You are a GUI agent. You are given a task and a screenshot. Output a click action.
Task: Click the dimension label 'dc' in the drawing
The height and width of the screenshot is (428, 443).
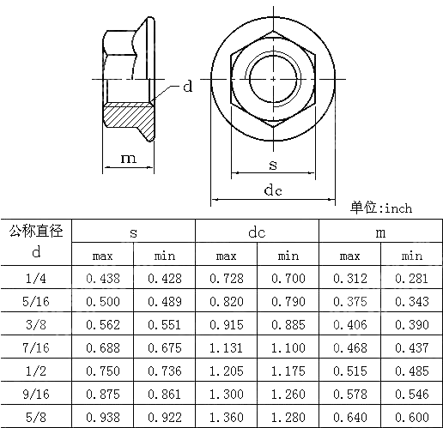coord(273,190)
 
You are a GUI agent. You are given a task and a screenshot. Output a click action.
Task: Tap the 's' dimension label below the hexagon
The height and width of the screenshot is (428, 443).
coord(273,164)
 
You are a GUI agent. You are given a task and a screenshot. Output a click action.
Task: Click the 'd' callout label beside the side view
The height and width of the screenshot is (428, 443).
coord(187,87)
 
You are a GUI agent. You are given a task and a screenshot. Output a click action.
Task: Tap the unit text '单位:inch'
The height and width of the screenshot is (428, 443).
coord(381,208)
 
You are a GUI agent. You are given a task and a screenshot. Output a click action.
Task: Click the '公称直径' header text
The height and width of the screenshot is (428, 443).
coord(36,231)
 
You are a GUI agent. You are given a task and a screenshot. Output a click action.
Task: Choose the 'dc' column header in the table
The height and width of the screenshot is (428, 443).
coord(257,232)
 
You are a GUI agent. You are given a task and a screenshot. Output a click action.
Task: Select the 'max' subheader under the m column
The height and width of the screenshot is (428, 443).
coord(349,256)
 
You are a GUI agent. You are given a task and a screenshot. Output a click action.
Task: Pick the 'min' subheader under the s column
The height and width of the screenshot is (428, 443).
coord(164,256)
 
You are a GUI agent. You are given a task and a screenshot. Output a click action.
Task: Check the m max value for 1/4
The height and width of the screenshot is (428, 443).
coord(349,278)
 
